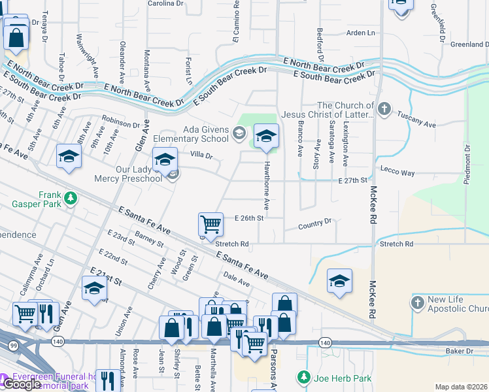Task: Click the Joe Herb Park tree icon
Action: click(x=303, y=378)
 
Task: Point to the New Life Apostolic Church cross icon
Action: click(x=417, y=303)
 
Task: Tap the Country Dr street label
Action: click(x=314, y=224)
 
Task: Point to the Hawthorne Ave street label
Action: click(x=267, y=186)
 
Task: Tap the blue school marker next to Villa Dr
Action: click(x=165, y=159)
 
